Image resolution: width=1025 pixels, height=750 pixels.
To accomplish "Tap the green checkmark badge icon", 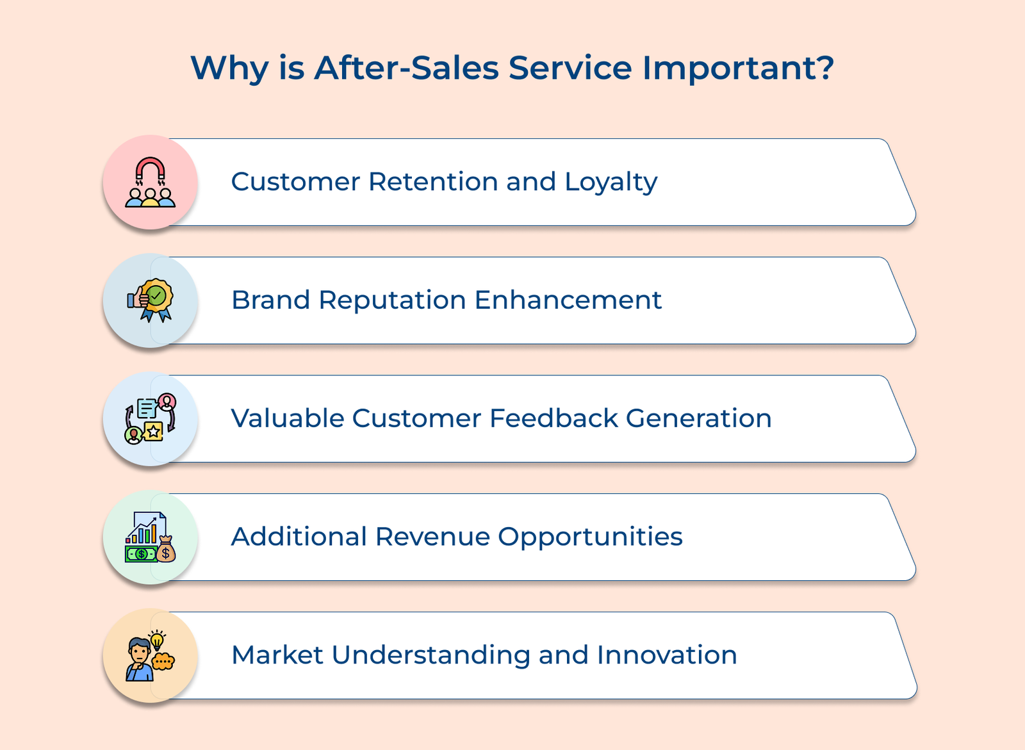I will (157, 296).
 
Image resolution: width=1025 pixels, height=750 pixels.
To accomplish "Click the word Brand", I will (270, 300).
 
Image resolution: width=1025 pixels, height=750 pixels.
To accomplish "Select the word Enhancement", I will (568, 300).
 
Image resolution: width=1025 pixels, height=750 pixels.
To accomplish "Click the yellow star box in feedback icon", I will (154, 431).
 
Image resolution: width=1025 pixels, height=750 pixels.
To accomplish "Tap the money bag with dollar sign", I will (166, 551).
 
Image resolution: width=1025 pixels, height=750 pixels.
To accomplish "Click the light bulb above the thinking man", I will (157, 640).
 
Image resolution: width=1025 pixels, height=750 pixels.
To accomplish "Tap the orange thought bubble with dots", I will (163, 660).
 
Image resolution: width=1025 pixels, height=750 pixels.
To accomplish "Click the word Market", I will (277, 655).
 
